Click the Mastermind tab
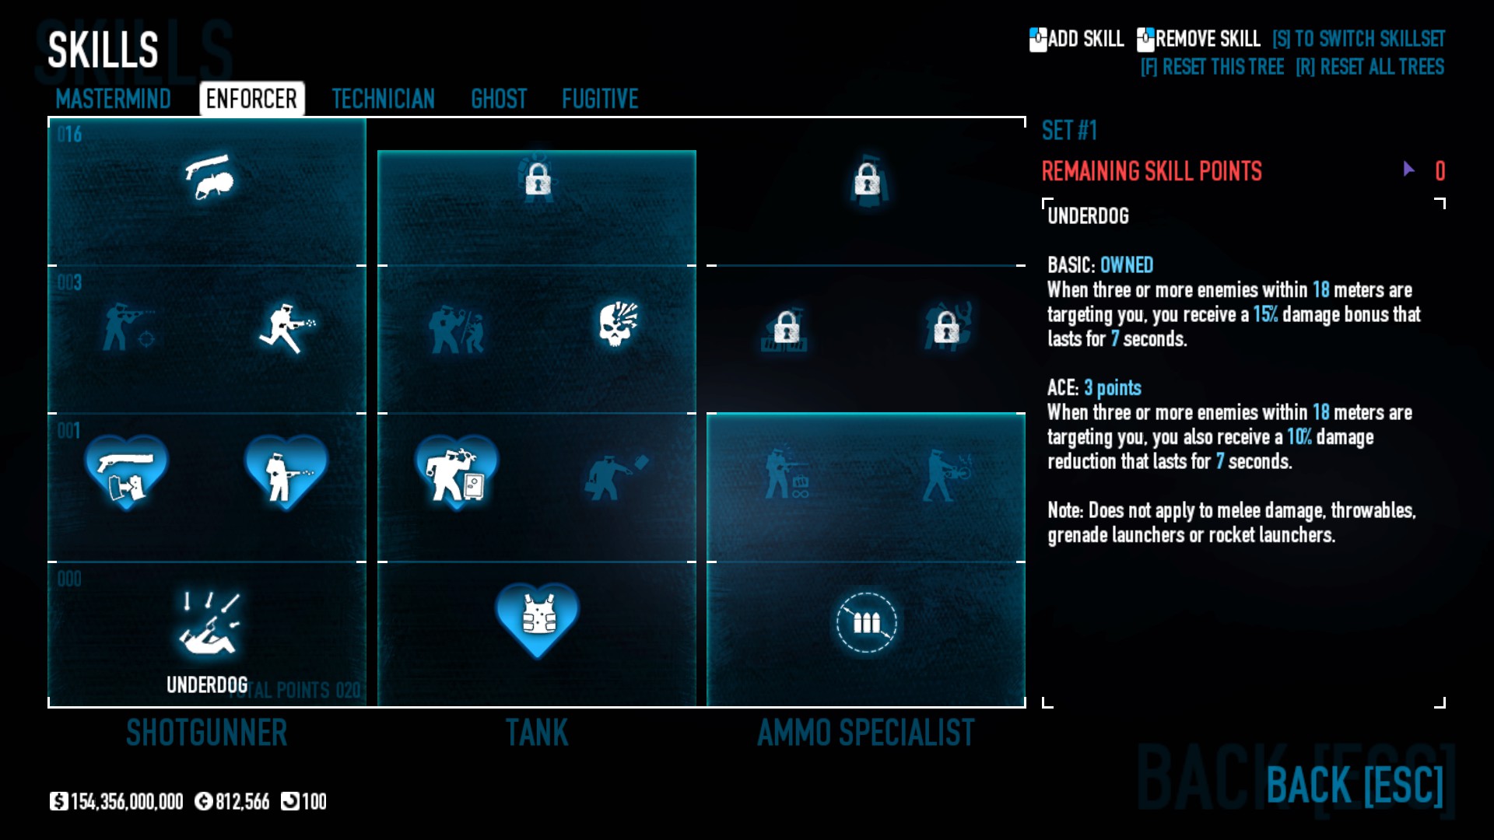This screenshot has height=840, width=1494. [113, 99]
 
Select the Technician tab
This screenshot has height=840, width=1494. [383, 99]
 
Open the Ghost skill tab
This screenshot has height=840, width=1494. [499, 99]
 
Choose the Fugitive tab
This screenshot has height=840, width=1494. [600, 99]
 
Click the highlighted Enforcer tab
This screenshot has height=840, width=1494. [251, 99]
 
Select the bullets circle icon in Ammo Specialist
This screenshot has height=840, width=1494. [866, 622]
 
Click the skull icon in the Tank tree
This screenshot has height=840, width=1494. [618, 324]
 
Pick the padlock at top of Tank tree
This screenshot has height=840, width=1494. [538, 180]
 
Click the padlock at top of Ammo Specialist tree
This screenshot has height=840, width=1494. [867, 180]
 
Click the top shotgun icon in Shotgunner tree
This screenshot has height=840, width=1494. [209, 177]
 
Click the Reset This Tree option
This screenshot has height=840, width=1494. [1212, 67]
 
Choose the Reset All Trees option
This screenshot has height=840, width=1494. [1369, 67]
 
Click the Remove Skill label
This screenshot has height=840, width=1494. [1207, 39]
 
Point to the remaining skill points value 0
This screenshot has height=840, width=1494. [1440, 171]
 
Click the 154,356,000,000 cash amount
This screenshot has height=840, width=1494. [126, 801]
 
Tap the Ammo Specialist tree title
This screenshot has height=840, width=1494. [865, 733]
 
